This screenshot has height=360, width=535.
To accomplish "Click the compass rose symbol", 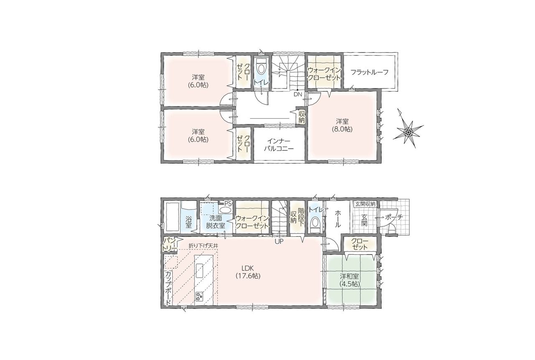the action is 408,131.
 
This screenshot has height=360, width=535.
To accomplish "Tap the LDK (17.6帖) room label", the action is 248,272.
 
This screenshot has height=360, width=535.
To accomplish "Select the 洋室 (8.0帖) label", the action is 342,125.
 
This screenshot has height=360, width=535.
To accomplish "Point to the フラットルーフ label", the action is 369,72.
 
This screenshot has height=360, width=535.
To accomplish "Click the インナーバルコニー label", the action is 279,144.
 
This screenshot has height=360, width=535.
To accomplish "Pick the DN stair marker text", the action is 298,94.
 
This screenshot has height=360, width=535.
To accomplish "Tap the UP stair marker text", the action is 279,241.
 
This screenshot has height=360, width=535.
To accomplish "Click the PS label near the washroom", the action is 228,203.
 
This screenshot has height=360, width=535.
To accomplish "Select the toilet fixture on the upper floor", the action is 261,66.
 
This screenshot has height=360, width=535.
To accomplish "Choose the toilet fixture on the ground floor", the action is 315,224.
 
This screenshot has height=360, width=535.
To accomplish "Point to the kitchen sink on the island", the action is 200,270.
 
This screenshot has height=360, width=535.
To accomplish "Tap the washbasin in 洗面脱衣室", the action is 225,210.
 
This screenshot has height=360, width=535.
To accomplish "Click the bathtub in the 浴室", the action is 172,217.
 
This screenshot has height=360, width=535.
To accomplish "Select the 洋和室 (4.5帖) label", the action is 350,280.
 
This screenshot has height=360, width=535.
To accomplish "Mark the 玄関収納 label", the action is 365,204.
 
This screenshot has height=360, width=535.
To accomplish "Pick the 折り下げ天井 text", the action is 203,245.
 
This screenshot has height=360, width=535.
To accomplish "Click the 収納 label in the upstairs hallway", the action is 302,117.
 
